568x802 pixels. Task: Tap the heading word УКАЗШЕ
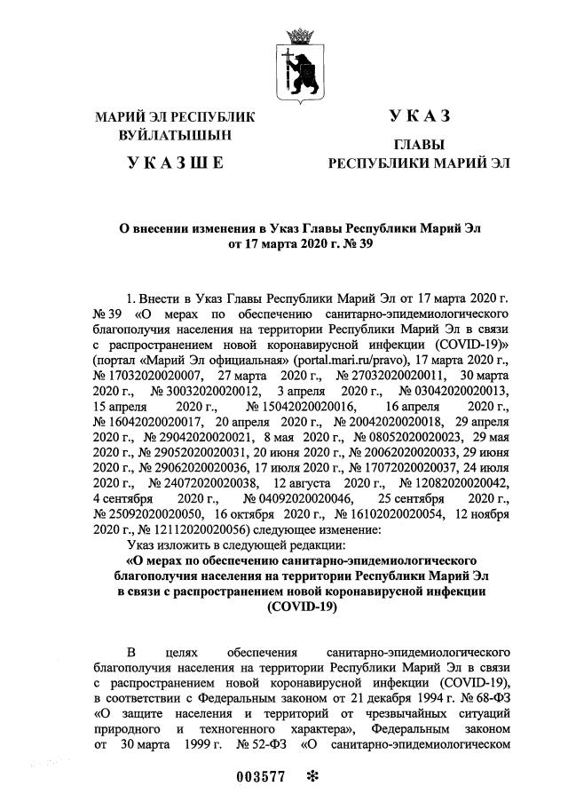pyautogui.click(x=174, y=162)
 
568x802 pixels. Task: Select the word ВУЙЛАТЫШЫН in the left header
pyautogui.click(x=174, y=136)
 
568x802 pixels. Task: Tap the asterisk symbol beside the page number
pyautogui.click(x=312, y=775)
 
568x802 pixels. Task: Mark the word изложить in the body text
pyautogui.click(x=181, y=544)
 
